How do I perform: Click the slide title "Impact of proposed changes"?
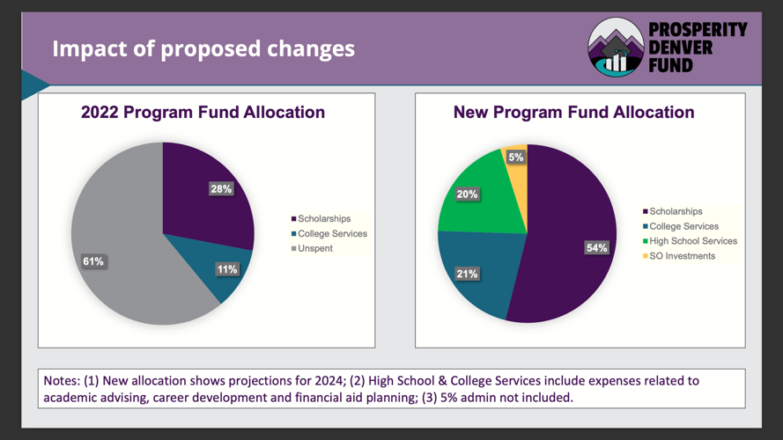point(203,48)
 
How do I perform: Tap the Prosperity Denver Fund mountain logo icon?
point(616,49)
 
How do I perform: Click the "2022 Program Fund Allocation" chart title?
point(203,113)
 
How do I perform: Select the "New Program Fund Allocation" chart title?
point(573,113)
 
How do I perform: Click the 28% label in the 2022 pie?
point(220,188)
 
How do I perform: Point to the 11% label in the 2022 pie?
point(226,269)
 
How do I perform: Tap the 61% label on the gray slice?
point(93,261)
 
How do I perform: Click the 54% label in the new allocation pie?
point(596,248)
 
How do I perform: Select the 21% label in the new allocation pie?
point(467,274)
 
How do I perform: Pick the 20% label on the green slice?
point(466,194)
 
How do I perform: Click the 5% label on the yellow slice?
point(515,157)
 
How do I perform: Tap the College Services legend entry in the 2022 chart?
point(328,234)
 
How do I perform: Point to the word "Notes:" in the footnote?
point(62,381)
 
